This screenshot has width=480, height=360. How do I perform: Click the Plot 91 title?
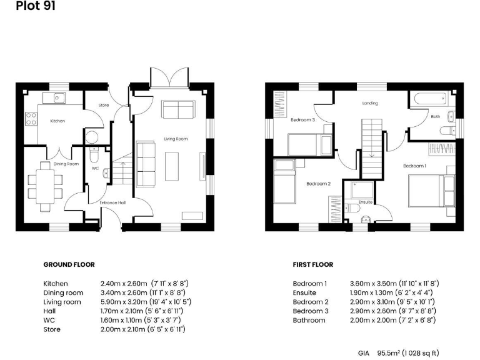point(21,7)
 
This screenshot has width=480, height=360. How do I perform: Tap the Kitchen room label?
point(57,121)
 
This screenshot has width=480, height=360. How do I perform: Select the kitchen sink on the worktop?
point(58,97)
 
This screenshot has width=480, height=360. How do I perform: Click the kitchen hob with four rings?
point(31,119)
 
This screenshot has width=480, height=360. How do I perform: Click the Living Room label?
point(176,139)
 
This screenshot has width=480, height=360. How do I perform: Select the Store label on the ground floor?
point(104,105)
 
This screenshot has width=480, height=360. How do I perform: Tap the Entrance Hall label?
point(112,202)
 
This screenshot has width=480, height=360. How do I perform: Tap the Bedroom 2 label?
point(317,184)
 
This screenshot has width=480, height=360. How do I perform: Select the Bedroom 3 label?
point(302,119)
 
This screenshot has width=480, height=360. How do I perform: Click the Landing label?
point(371,104)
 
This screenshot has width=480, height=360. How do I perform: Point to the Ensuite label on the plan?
point(365,202)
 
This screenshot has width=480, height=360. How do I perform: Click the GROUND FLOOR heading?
point(69,265)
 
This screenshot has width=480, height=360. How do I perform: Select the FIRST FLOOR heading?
point(313,265)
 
